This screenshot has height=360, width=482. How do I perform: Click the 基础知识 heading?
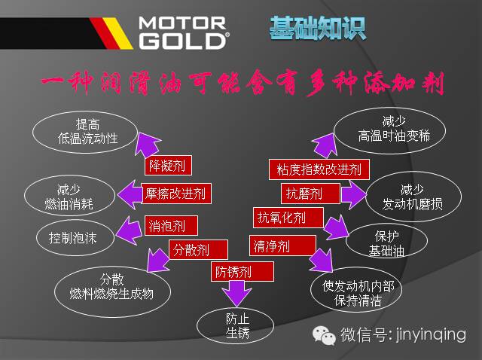(317, 29)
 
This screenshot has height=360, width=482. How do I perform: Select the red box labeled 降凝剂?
(166, 165)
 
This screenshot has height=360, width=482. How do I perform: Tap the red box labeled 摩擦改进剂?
(176, 194)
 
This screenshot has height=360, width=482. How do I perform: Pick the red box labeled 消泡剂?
(171, 224)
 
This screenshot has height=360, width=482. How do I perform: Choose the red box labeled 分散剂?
(191, 249)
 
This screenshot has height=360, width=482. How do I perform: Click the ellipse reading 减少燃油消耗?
(69, 197)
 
